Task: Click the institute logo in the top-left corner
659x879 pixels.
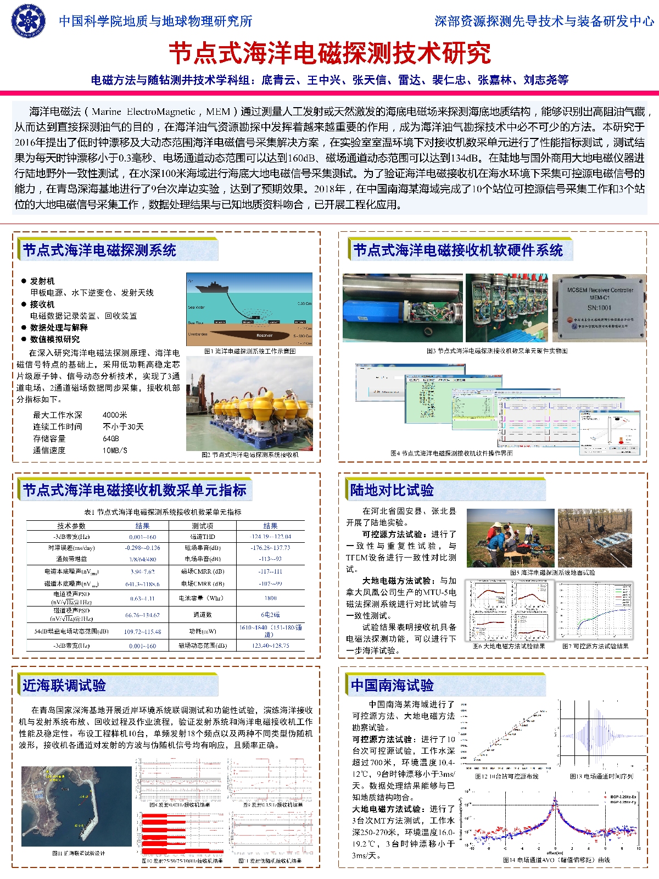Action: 29,21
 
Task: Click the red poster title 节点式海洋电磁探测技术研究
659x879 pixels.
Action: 329,53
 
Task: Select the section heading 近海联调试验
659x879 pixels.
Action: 64,686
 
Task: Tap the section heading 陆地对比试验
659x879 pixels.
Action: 392,490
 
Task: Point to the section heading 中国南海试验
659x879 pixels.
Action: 392,686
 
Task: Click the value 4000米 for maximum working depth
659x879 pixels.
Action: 115,415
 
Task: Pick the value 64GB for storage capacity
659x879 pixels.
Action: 111,438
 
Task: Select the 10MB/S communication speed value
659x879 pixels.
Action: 115,450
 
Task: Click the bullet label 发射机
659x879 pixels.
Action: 42,281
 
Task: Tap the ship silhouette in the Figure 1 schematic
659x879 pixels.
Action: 217,287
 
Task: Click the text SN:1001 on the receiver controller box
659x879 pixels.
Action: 600,308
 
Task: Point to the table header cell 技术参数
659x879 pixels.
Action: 71,526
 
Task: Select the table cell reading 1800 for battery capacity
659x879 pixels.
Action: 271,598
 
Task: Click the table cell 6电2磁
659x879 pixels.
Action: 271,615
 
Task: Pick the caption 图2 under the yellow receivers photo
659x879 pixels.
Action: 250,455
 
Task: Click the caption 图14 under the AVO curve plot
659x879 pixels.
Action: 556,860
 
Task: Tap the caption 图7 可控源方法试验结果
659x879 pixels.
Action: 595,646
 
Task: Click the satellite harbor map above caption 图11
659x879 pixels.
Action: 76,805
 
